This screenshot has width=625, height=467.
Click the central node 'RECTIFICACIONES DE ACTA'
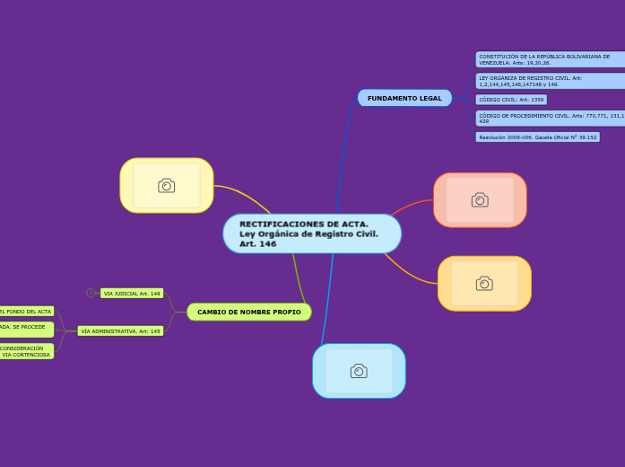[x=311, y=233]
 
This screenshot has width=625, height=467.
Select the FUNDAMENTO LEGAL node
[x=404, y=98]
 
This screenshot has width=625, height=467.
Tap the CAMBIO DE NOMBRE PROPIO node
[x=249, y=312]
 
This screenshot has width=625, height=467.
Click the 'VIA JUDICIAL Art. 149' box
[x=132, y=293]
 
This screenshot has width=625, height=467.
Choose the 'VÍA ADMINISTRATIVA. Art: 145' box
[x=120, y=330]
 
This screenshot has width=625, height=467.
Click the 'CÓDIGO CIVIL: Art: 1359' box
[x=511, y=100]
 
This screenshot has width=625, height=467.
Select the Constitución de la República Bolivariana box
[x=549, y=59]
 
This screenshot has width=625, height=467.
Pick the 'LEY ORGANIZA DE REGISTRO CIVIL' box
[x=549, y=81]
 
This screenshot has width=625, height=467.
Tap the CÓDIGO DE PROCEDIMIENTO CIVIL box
[x=549, y=118]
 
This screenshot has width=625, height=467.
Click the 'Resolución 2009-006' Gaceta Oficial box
[x=537, y=137]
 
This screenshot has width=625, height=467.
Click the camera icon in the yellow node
[x=167, y=185]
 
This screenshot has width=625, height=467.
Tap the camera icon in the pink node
[x=480, y=199]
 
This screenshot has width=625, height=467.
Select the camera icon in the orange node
[x=484, y=283]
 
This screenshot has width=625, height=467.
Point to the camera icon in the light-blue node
[x=359, y=370]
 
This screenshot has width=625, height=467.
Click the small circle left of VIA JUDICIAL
[x=91, y=293]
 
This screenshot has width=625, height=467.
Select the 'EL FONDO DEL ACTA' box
[x=26, y=311]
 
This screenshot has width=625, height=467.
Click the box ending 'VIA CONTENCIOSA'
[x=26, y=351]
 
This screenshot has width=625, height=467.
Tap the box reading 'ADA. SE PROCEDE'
[x=25, y=329]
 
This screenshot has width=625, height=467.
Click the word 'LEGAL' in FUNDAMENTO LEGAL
[x=430, y=98]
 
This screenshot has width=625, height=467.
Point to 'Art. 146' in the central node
[x=258, y=244]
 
